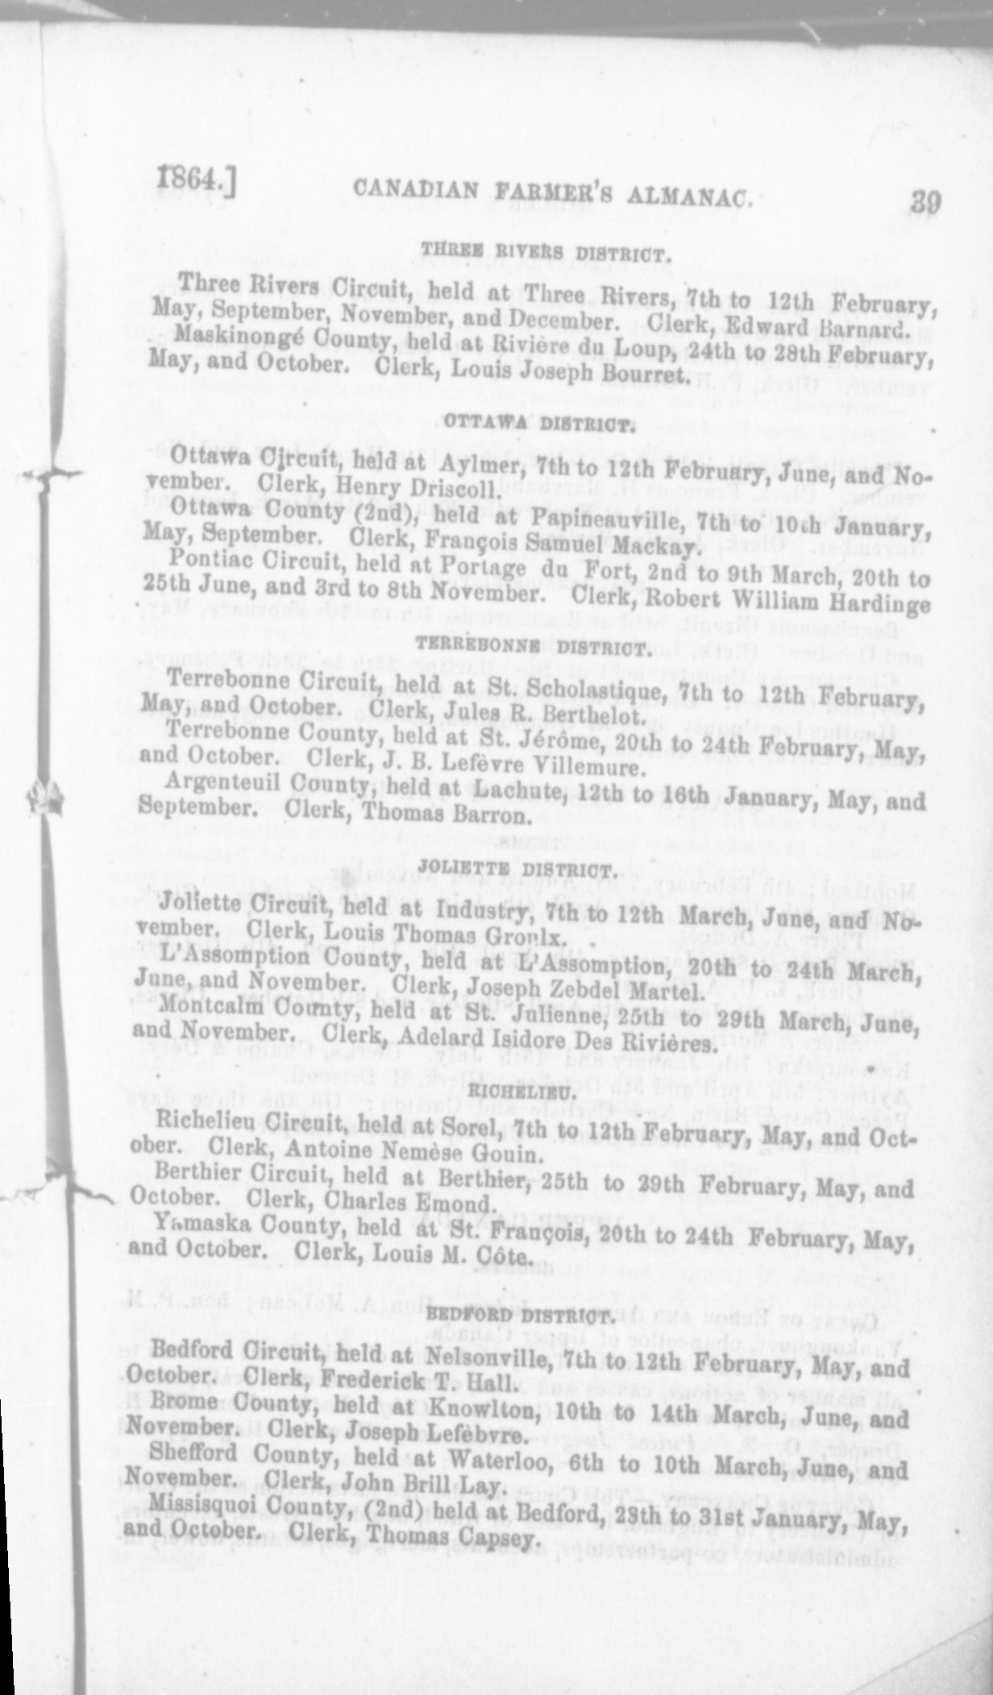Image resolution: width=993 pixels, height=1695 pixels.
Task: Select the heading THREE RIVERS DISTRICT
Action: pos(546,256)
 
